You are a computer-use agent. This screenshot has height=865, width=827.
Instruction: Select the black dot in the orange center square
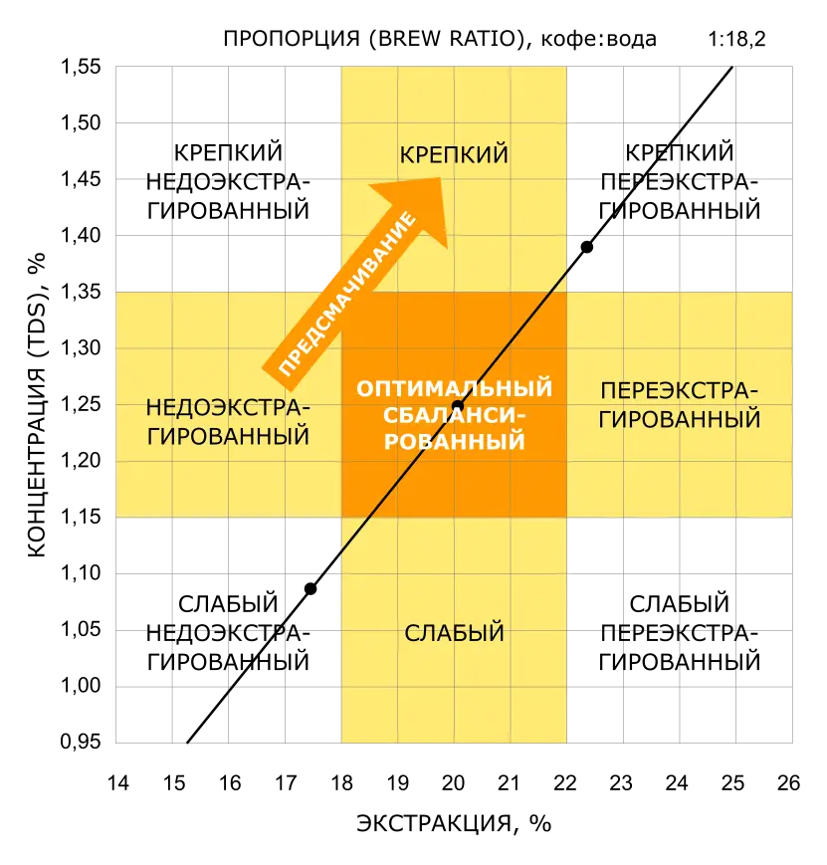tap(458, 406)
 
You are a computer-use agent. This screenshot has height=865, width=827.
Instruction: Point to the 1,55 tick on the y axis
tap(81, 67)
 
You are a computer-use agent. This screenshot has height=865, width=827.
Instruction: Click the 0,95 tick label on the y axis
tap(81, 742)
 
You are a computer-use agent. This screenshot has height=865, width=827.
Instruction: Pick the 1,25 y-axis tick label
tap(81, 404)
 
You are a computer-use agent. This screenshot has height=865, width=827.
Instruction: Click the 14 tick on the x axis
tap(118, 782)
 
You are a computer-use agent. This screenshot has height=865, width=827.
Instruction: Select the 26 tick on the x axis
tap(789, 782)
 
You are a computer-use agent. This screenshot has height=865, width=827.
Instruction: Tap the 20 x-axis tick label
tap(454, 782)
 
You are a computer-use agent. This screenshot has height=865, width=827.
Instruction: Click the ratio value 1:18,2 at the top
tap(736, 39)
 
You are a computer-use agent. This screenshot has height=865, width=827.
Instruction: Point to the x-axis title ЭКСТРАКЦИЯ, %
tap(454, 823)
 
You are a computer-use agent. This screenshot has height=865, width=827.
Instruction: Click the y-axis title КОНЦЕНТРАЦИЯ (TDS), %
tap(37, 405)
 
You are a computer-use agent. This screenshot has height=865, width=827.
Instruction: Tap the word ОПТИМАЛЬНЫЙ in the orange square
tap(454, 389)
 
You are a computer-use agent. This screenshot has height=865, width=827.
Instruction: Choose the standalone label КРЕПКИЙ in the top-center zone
tap(454, 154)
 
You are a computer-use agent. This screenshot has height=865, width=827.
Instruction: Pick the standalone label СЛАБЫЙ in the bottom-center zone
tap(454, 633)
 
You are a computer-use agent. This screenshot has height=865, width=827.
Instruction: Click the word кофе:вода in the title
tap(598, 39)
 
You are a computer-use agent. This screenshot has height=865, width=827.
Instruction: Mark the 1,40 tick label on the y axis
tap(81, 236)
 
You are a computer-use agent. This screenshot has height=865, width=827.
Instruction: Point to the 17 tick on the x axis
tap(286, 782)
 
